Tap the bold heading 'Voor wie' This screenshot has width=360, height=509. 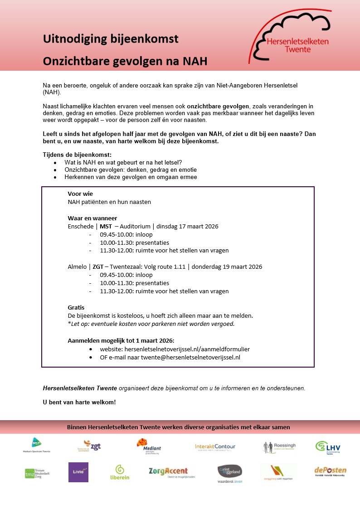pos(80,194)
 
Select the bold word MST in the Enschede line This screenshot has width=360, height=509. pos(106,226)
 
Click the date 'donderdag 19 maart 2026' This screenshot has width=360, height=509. pos(227,267)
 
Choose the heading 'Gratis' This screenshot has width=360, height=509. pos(76,307)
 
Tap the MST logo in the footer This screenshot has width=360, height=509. pos(37,446)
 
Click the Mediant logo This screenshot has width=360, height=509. pos(149,446)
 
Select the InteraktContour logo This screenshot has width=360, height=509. pos(215,447)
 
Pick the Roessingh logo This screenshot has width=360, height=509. pos(279,447)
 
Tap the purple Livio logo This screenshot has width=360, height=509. pos(78,472)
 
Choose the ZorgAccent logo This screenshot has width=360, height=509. pos(168,472)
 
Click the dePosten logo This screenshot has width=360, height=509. pos(330,471)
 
